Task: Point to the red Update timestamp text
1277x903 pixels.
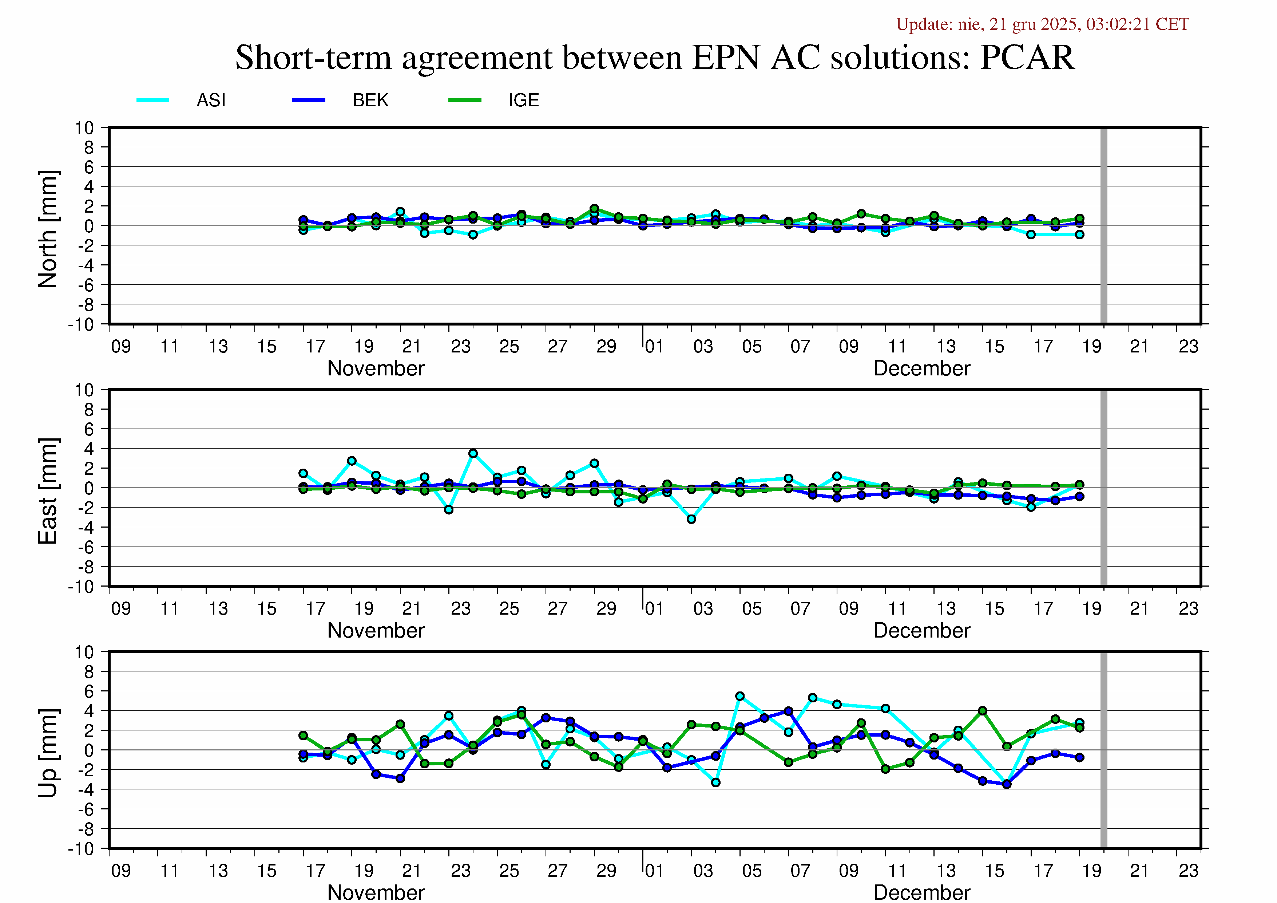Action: click(1042, 24)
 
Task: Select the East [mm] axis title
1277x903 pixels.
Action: click(48, 491)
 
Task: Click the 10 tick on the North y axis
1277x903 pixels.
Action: click(84, 128)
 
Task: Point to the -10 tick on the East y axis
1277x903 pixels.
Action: click(81, 587)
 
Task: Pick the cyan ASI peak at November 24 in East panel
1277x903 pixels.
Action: click(473, 453)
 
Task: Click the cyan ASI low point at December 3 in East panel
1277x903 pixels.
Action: click(691, 519)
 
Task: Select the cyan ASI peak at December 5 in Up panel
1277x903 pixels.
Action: click(740, 696)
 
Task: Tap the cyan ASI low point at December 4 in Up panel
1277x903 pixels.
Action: click(716, 782)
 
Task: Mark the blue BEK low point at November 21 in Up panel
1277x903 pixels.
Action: click(400, 778)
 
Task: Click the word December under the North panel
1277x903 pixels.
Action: click(921, 368)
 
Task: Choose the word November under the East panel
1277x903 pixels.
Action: click(376, 630)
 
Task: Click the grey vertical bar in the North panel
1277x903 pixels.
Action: click(1104, 225)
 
